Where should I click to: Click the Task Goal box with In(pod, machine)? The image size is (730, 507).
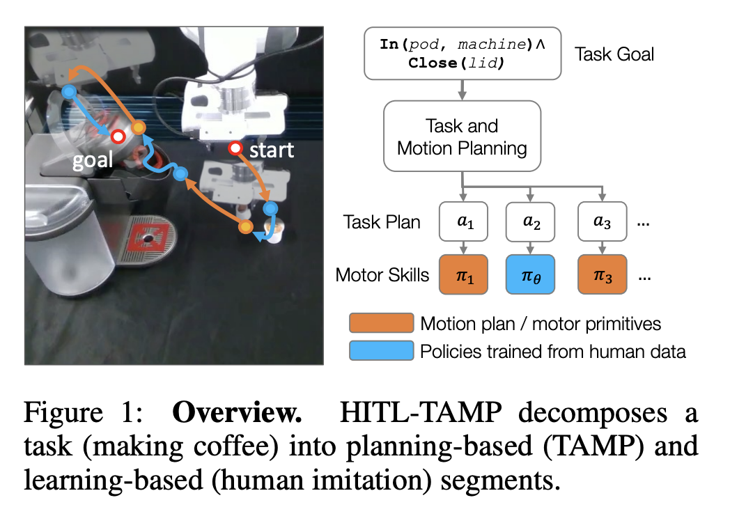463,53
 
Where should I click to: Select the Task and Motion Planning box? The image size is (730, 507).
463,137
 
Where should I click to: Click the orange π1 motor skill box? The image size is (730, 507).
463,275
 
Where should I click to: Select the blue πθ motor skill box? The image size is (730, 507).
531,275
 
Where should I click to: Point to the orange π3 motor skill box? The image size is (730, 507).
603,275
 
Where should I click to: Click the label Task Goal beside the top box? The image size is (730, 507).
614,54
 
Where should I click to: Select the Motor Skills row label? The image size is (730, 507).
382,275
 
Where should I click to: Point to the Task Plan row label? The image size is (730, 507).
382,222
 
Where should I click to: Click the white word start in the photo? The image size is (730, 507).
272,150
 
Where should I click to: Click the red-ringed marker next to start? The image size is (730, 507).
236,148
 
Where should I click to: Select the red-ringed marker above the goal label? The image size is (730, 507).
118,135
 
